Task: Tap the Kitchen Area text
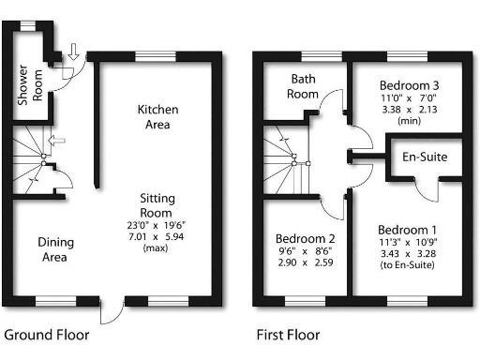pyautogui.click(x=158, y=117)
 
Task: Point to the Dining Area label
pyautogui.click(x=55, y=250)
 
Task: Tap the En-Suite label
pyautogui.click(x=424, y=157)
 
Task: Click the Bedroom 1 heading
pyautogui.click(x=407, y=230)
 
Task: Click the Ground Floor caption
pyautogui.click(x=47, y=335)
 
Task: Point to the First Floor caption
pyautogui.click(x=288, y=335)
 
